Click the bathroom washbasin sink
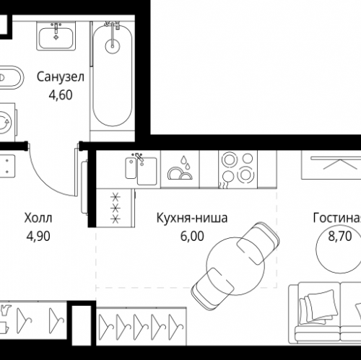click(x=55, y=36)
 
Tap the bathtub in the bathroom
click(x=113, y=76)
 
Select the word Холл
click(x=38, y=218)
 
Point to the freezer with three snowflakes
click(x=114, y=208)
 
